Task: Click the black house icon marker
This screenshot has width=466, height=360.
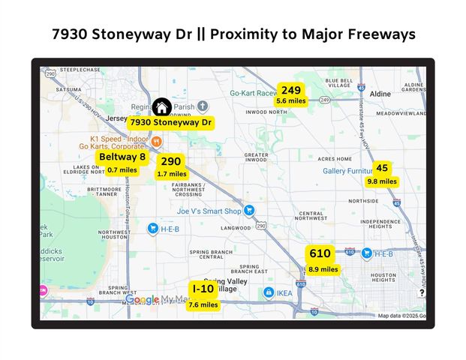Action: (161, 107)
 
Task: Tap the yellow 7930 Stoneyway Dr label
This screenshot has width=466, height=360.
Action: (170, 121)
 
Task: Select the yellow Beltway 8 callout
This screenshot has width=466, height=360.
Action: (122, 163)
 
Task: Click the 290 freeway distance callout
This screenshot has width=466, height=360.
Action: (171, 166)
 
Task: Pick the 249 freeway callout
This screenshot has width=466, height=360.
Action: (291, 94)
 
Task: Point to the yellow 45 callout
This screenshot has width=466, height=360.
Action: (382, 173)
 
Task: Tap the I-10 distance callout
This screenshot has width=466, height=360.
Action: (203, 296)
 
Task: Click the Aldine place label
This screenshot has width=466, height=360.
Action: (380, 94)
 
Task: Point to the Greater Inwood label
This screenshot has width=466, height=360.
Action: (257, 158)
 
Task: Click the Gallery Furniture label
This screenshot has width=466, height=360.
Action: (349, 171)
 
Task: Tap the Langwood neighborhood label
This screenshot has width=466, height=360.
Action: (236, 228)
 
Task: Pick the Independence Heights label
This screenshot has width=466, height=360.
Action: (375, 226)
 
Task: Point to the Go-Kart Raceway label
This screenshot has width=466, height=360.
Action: (254, 94)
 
